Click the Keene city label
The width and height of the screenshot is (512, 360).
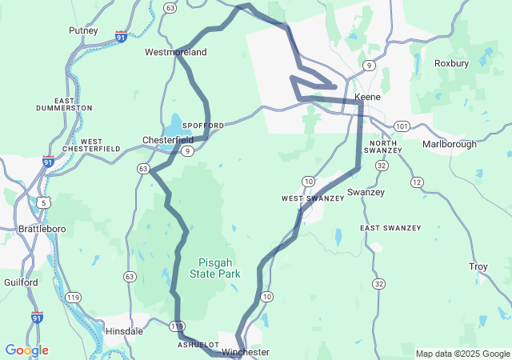click(367, 97)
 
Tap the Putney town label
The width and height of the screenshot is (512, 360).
click(84, 31)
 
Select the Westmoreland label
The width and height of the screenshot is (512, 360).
click(175, 53)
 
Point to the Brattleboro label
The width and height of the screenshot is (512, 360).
click(42, 229)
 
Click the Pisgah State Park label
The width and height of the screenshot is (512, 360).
click(214, 268)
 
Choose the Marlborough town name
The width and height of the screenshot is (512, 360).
click(449, 145)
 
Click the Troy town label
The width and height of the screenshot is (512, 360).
click(478, 266)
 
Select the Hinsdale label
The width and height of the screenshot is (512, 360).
click(124, 330)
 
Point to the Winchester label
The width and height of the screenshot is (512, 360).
click(246, 352)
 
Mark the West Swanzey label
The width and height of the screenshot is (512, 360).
click(311, 198)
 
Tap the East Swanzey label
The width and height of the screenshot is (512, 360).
click(390, 228)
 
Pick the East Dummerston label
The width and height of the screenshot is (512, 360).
click(64, 104)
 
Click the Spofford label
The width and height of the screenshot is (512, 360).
click(203, 126)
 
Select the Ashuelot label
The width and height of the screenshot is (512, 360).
click(198, 344)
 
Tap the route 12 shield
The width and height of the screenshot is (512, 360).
click(417, 183)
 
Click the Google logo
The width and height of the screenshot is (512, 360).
click(26, 350)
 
